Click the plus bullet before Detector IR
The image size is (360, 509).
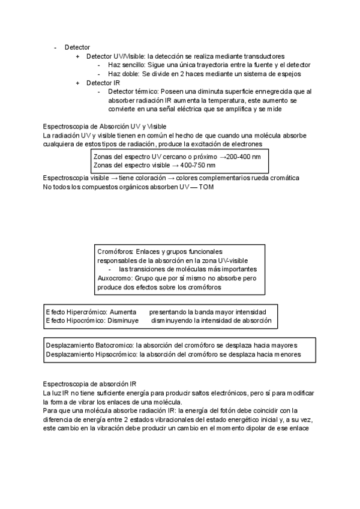78,83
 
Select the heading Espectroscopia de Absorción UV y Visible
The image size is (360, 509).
105,127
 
